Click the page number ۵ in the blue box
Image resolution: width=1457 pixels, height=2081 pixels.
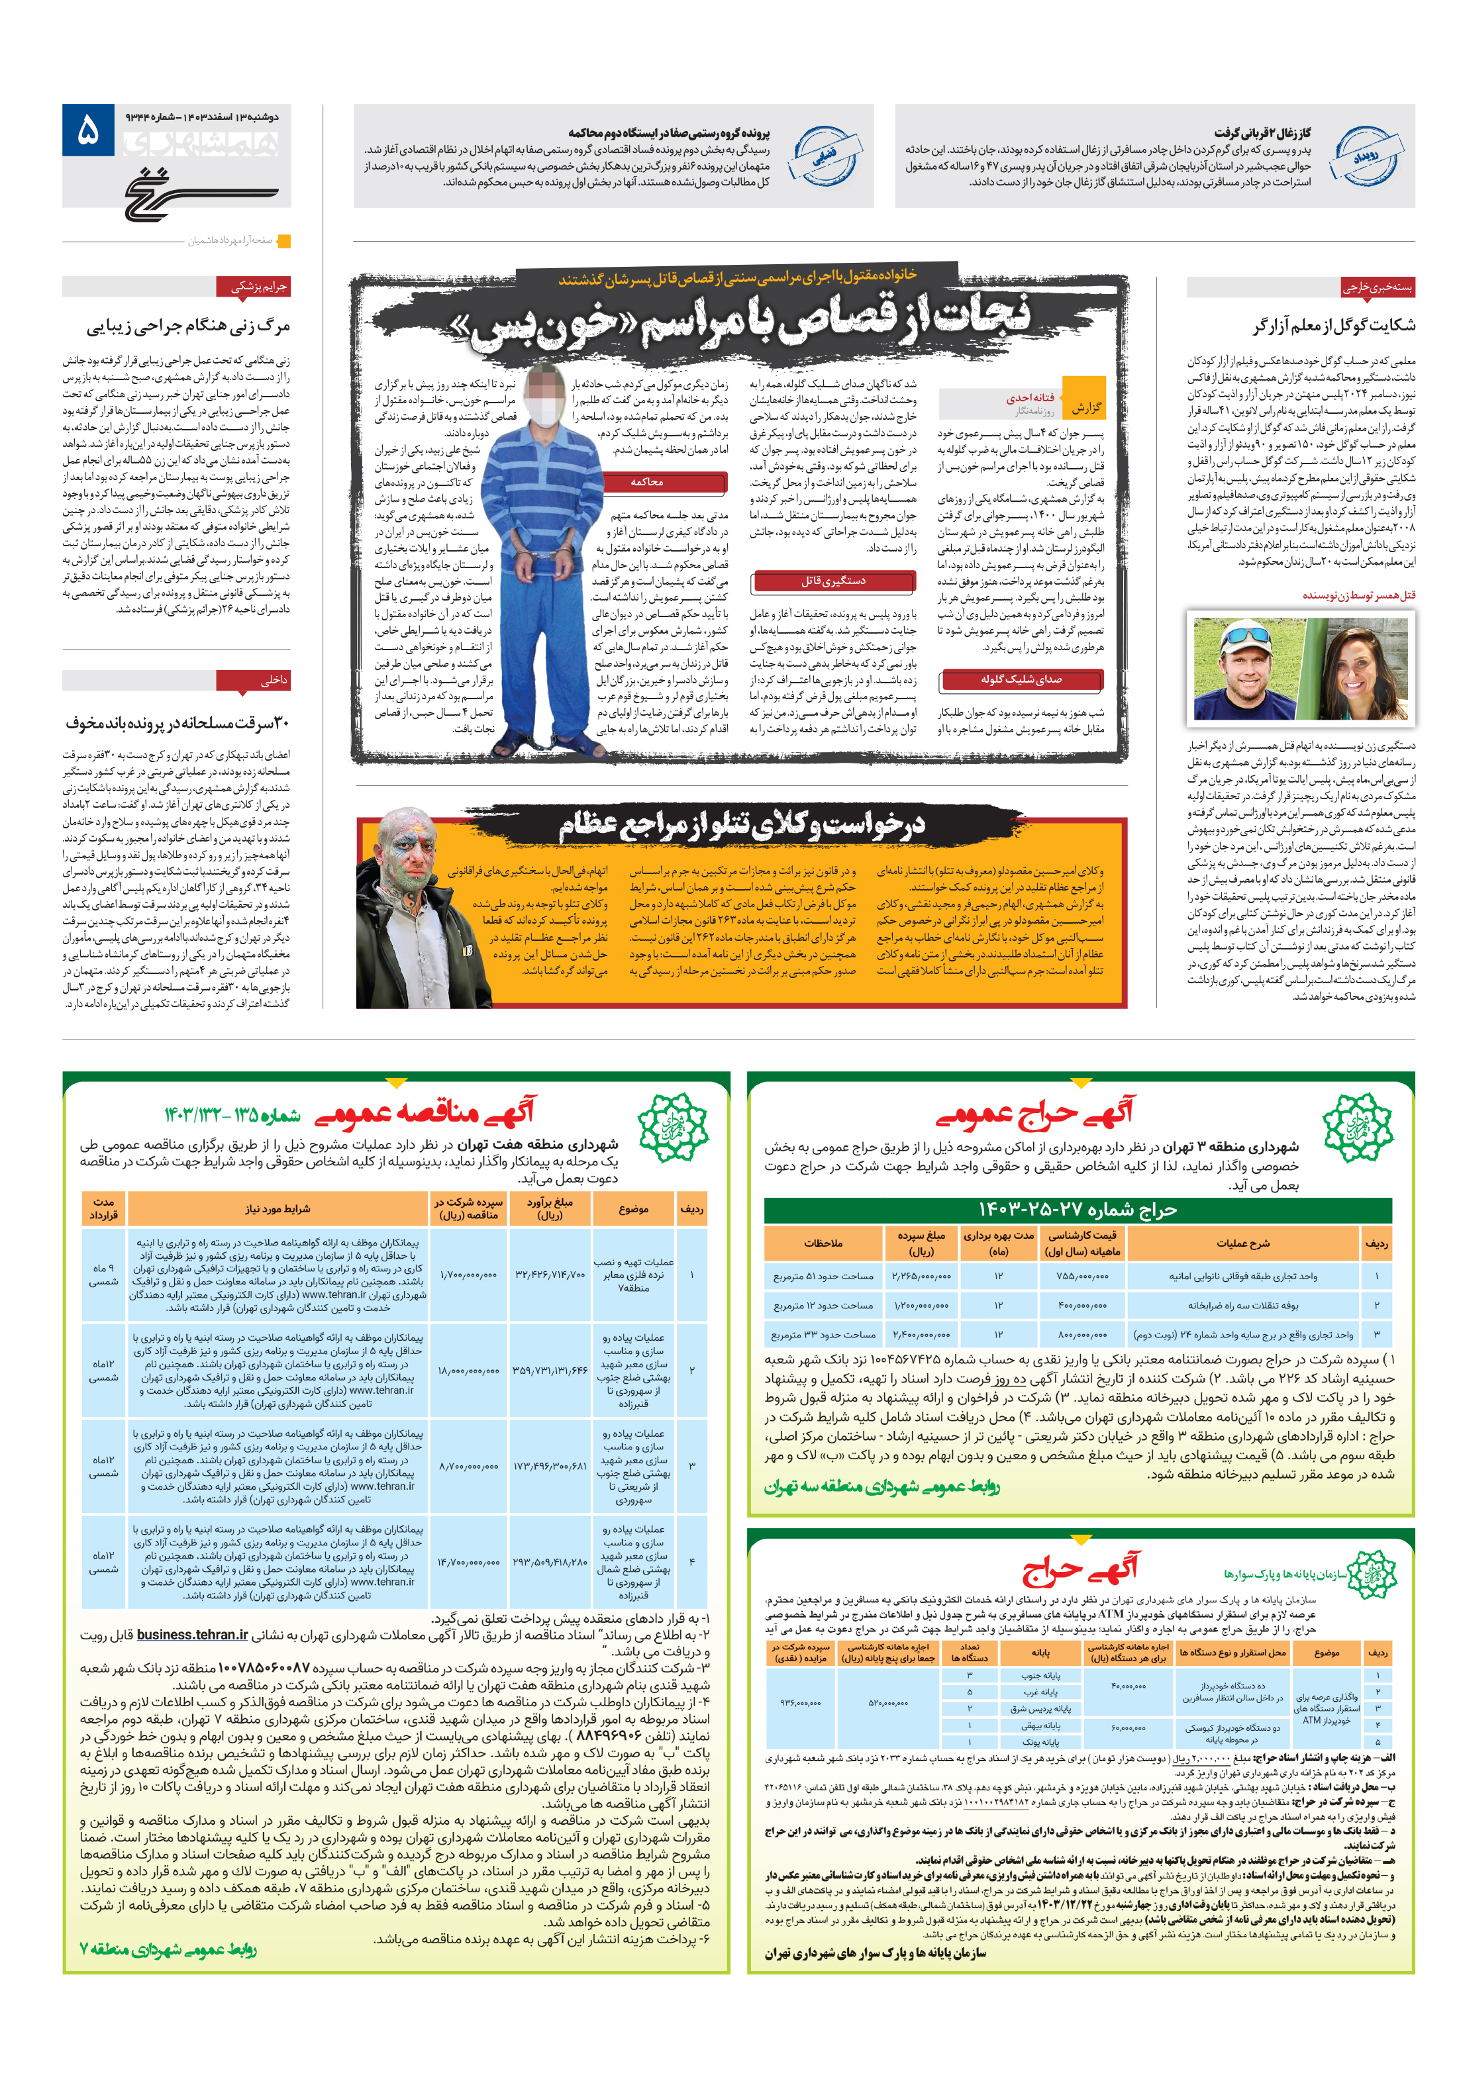tap(88, 130)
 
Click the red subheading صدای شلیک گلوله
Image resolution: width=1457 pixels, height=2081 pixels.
tap(1021, 679)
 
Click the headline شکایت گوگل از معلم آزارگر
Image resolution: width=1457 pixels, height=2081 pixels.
tap(1332, 325)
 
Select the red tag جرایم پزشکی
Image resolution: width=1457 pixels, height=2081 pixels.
tap(258, 287)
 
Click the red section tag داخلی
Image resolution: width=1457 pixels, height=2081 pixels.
tap(273, 680)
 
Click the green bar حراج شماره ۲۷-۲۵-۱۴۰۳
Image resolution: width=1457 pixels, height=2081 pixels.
tap(1076, 1210)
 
